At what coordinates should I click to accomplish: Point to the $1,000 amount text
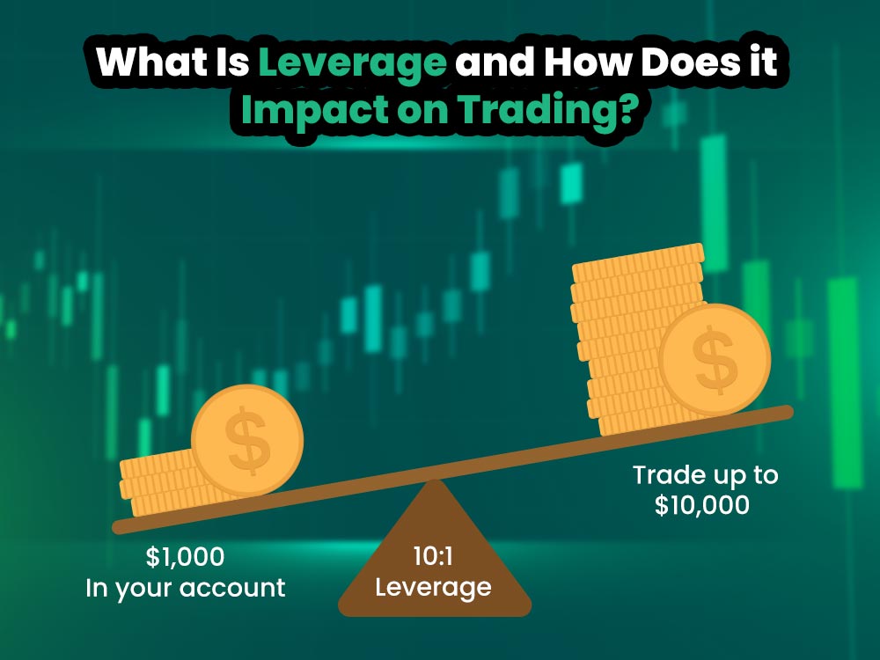click(x=185, y=557)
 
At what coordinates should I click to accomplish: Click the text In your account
click(x=185, y=588)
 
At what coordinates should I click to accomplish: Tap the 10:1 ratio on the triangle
click(x=433, y=556)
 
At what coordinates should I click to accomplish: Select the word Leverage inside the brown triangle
click(x=433, y=586)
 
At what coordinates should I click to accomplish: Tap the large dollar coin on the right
click(x=715, y=358)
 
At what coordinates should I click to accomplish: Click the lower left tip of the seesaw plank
click(x=119, y=527)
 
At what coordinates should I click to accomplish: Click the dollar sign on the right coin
click(x=715, y=358)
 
